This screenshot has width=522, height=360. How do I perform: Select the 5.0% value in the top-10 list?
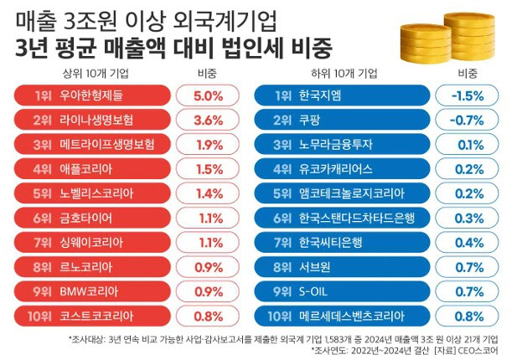(x=207, y=96)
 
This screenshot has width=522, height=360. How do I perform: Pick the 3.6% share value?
(x=207, y=121)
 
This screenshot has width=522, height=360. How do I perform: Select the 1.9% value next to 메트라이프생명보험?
(x=207, y=145)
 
